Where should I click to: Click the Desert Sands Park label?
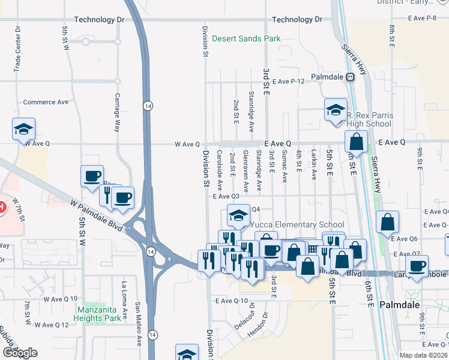246,39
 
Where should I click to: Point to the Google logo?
19,353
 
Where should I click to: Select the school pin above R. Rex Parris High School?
336,110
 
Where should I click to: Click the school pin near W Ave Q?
23,129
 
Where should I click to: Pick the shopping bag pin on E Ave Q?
357,142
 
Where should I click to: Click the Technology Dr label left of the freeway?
99,20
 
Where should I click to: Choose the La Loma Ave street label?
124,300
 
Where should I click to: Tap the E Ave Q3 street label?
226,196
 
